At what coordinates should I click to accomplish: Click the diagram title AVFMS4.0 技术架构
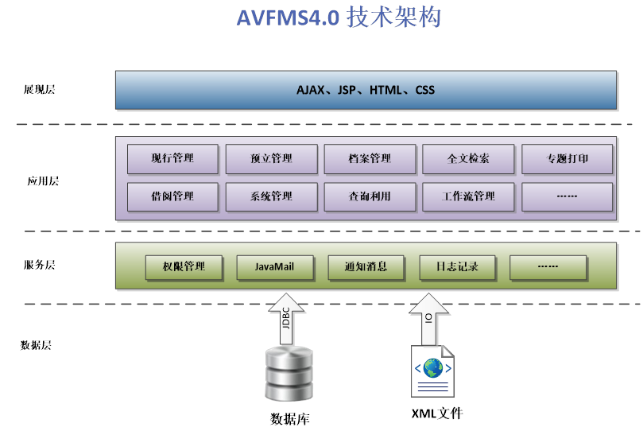click(x=339, y=17)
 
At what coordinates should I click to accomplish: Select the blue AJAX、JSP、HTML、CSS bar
click(x=366, y=90)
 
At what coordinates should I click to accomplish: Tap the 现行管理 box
click(x=172, y=158)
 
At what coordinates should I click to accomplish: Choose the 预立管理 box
click(x=271, y=158)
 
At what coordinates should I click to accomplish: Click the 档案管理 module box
click(x=370, y=158)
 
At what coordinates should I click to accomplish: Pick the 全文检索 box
click(x=468, y=158)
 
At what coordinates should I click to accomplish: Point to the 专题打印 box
click(x=567, y=158)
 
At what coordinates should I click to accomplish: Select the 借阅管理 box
click(x=172, y=196)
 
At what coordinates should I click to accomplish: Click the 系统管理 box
click(x=271, y=196)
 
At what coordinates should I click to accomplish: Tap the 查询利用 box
click(x=370, y=196)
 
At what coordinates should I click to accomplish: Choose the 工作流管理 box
click(x=468, y=196)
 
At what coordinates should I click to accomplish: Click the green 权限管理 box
click(x=184, y=267)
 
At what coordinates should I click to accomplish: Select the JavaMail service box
click(x=274, y=267)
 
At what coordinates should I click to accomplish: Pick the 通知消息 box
click(x=366, y=267)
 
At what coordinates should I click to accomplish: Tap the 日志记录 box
click(x=457, y=267)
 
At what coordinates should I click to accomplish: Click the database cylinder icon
click(x=287, y=375)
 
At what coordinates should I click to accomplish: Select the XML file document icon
click(x=433, y=371)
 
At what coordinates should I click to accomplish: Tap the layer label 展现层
click(x=39, y=90)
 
